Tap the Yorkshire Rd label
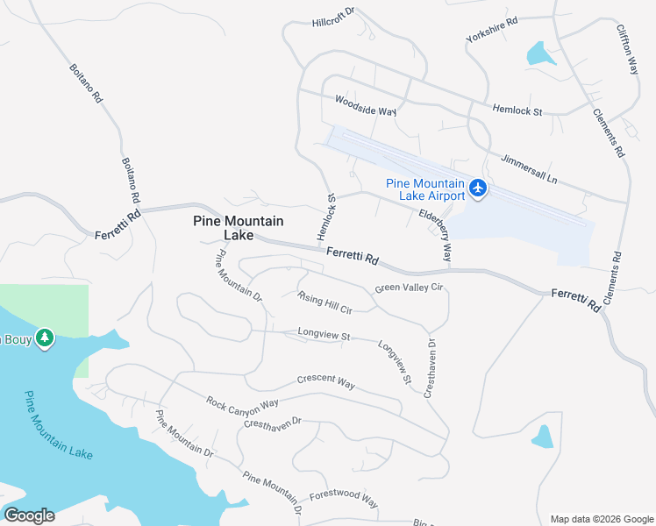(493, 35)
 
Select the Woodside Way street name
(366, 106)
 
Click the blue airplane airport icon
(478, 188)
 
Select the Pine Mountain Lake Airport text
(425, 189)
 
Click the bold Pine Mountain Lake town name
(238, 228)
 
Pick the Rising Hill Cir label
(324, 303)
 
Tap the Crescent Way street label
(325, 383)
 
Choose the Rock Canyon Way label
(242, 402)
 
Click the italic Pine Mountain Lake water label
(58, 424)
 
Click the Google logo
(29, 515)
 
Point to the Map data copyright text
(601, 519)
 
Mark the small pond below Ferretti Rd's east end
(543, 436)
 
